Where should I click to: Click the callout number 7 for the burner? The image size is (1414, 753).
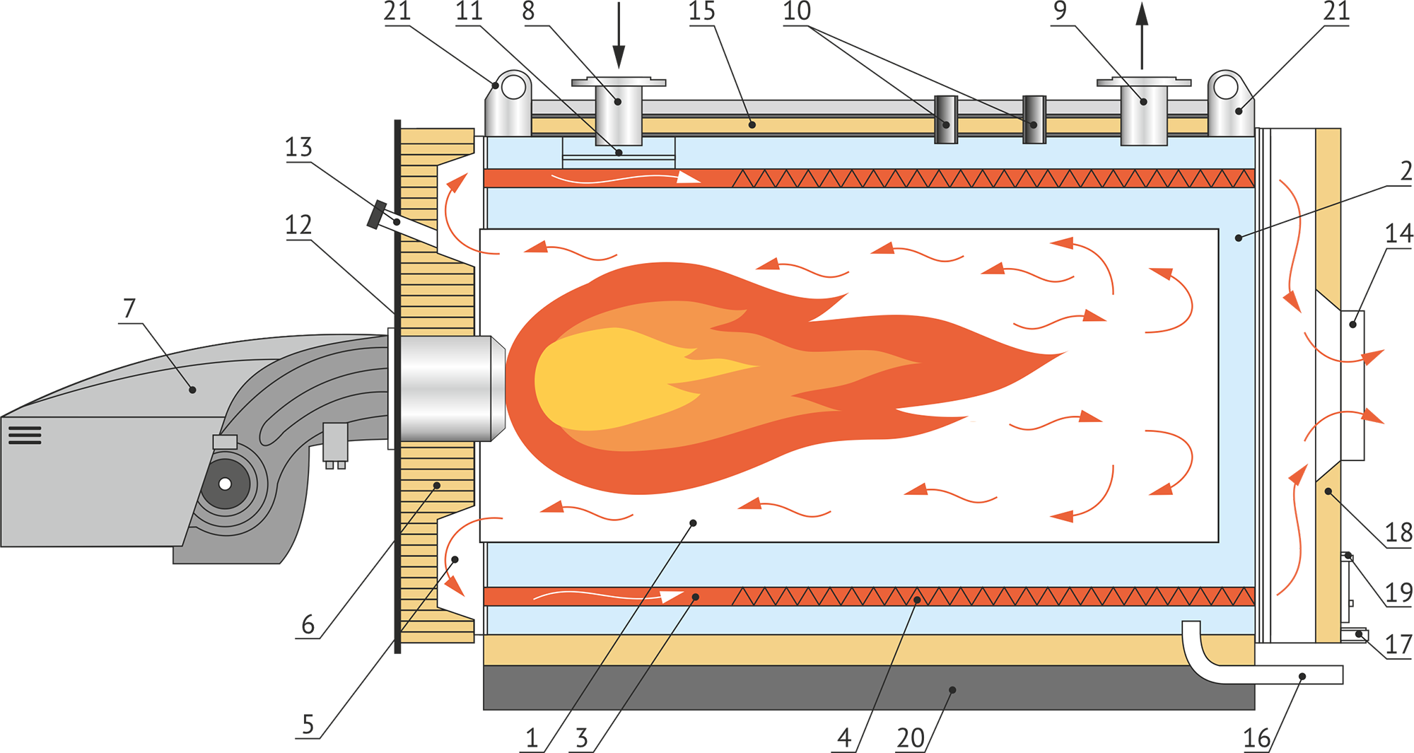coord(129,308)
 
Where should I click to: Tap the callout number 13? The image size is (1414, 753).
coord(298,147)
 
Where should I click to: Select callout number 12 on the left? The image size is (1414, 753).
coord(298,225)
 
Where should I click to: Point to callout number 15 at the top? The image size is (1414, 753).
coord(702,11)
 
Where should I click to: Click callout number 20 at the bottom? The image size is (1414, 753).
coord(911,738)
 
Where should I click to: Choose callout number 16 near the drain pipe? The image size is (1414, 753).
coord(1257,738)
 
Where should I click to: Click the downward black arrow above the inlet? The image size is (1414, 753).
coord(619,35)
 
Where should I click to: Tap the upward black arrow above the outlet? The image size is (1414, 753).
coord(1142,35)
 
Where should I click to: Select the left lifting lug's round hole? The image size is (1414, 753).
coord(514,88)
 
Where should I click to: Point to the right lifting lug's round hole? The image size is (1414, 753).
coord(1226,88)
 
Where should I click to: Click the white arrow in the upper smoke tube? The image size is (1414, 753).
coord(626,178)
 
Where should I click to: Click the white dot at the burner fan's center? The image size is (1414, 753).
coord(225,484)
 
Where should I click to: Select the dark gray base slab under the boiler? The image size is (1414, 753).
coord(869,687)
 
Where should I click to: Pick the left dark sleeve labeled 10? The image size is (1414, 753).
coord(946,119)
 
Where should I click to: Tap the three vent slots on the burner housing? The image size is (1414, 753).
coord(25,435)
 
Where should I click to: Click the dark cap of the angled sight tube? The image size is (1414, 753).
coord(377,215)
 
